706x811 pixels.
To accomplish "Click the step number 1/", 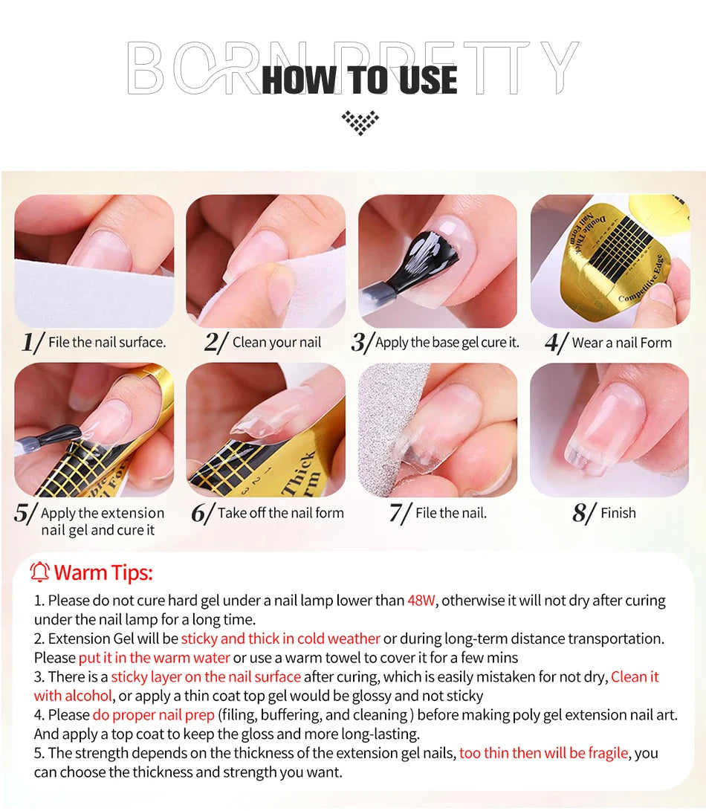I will [x=33, y=343].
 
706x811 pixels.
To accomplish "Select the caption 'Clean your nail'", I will [x=276, y=343].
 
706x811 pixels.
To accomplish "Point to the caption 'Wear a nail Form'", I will [x=621, y=343].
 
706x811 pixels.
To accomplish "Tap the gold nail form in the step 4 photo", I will [x=617, y=260].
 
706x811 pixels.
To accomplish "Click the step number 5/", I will [x=25, y=514].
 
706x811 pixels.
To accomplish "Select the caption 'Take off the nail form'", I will [x=280, y=513].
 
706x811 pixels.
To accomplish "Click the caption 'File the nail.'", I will [x=451, y=513].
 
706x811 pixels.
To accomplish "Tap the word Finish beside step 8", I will [x=618, y=513].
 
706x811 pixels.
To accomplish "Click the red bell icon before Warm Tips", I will [x=40, y=572].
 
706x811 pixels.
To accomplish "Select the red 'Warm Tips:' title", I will [x=103, y=573].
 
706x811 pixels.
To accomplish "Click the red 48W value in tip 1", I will [x=421, y=601].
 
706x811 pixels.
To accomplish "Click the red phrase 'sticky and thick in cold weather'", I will [x=280, y=639].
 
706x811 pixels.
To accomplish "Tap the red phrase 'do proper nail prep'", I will [x=153, y=715].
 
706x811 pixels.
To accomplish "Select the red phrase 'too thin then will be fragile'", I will [x=544, y=753].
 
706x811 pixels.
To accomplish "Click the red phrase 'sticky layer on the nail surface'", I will [x=206, y=677].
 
